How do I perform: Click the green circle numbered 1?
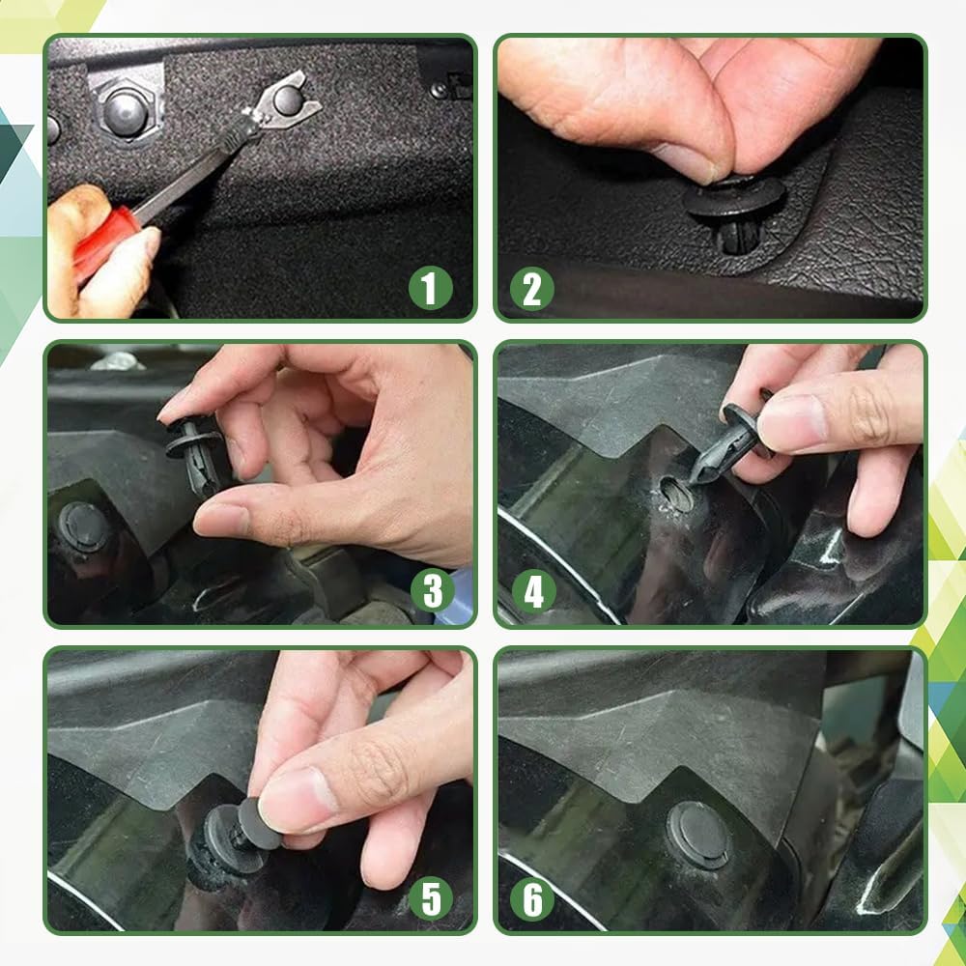click(x=431, y=287)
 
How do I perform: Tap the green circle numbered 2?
click(x=532, y=287)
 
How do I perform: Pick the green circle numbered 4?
click(x=532, y=592)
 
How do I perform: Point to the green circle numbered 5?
click(x=431, y=899)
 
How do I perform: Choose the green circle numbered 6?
click(x=532, y=899)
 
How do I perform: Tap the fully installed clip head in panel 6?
click(x=697, y=834)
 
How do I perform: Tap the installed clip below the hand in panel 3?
click(x=83, y=526)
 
